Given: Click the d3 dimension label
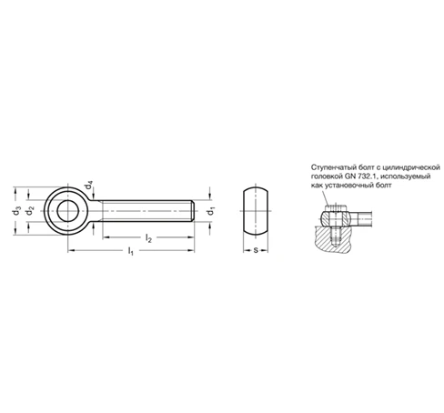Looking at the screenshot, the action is pyautogui.click(x=16, y=211).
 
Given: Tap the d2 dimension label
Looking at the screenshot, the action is pyautogui.click(x=30, y=211).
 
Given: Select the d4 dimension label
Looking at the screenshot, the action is pyautogui.click(x=88, y=185).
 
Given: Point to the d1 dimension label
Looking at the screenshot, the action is pyautogui.click(x=210, y=211).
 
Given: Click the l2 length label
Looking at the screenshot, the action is pyautogui.click(x=148, y=238).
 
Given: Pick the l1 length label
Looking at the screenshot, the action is pyautogui.click(x=130, y=251).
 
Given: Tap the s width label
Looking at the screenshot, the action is pyautogui.click(x=256, y=250).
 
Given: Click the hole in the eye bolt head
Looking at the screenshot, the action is pyautogui.click(x=68, y=211).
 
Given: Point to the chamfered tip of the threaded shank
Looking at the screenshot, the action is pyautogui.click(x=192, y=211).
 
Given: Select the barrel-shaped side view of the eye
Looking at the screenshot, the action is pyautogui.click(x=256, y=211).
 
